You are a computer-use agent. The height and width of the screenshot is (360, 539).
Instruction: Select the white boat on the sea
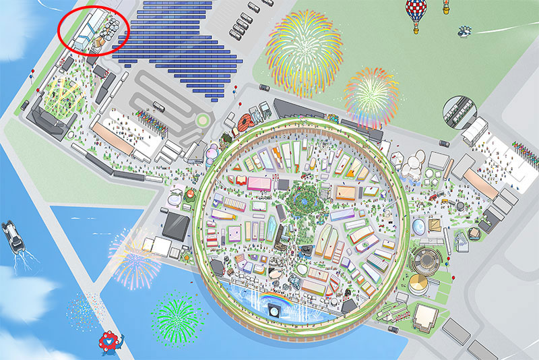click(x=13, y=234)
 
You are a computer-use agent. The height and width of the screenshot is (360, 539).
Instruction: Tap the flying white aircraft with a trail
click(x=465, y=30)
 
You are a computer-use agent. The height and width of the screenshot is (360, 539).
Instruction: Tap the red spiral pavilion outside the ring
click(x=248, y=121)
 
